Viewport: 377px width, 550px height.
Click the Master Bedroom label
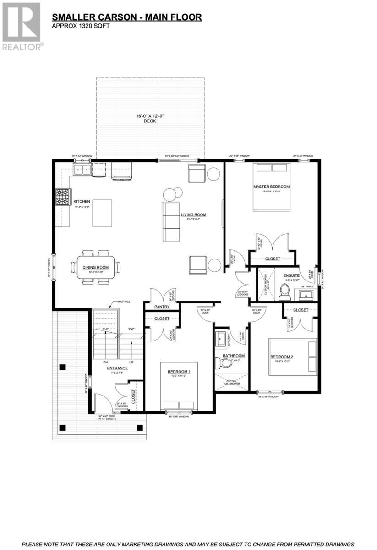click(x=272, y=187)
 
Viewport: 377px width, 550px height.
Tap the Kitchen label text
click(x=82, y=201)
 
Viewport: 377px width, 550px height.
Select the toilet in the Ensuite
click(x=284, y=290)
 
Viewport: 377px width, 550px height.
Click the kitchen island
click(x=102, y=213)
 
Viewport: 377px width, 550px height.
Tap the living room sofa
click(x=170, y=222)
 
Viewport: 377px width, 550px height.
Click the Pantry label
click(x=162, y=307)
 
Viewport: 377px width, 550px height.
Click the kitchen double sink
click(x=83, y=170)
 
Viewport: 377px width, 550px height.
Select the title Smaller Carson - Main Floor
click(x=126, y=17)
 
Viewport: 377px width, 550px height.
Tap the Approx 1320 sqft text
click(x=82, y=26)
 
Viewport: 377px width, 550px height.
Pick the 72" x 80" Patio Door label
click(x=177, y=156)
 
